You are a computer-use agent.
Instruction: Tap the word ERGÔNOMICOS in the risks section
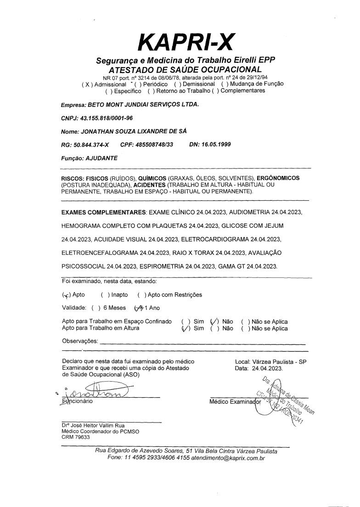coord(278,178)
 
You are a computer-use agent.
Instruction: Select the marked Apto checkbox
coord(66,295)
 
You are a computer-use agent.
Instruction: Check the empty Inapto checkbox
coord(104,295)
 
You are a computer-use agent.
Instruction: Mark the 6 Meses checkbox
coord(95,308)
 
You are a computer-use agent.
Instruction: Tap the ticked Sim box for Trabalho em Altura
coord(185,328)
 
